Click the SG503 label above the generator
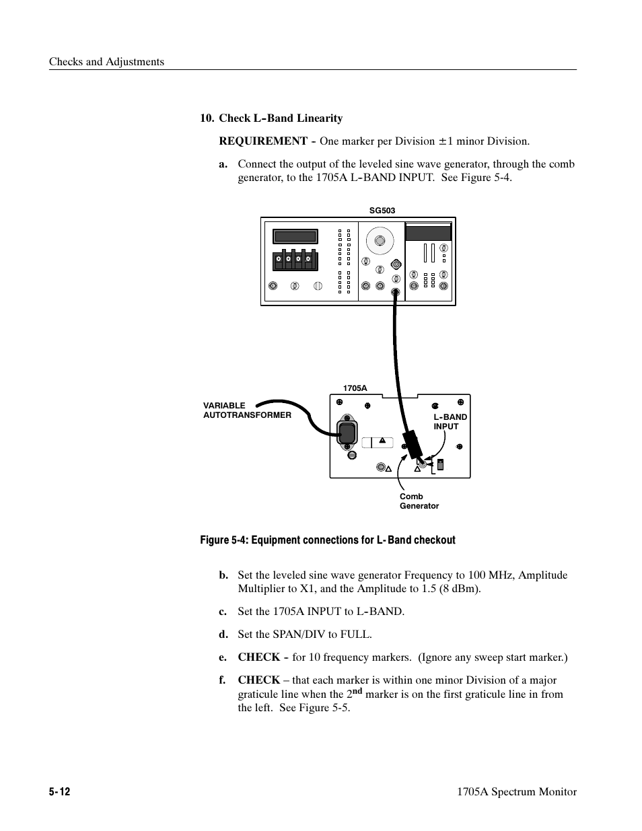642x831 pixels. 382,211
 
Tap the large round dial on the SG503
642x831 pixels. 380,240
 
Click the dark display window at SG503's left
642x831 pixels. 295,236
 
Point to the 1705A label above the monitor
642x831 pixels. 355,388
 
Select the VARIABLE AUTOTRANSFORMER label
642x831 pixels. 247,410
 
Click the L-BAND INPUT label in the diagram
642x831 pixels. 450,422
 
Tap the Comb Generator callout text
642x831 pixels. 419,501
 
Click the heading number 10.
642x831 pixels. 207,118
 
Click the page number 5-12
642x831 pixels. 59,792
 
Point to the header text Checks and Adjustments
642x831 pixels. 106,62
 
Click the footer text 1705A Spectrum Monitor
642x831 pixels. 516,792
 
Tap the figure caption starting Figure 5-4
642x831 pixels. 327,540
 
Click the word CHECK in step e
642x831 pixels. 258,657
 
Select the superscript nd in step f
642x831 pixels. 357,690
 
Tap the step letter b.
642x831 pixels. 223,575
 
